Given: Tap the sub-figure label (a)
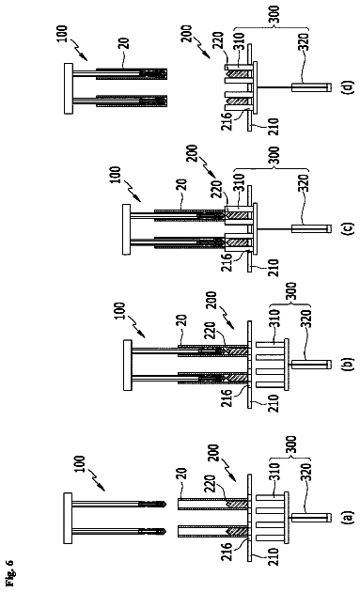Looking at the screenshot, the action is click(348, 517).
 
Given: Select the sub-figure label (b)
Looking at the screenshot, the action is click(348, 365).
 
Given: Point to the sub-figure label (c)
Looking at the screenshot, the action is click(348, 228).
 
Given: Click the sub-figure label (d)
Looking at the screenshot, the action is click(348, 87).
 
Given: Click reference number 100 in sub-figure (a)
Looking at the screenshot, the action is click(81, 465).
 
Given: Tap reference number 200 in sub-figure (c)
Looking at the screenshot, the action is click(192, 153).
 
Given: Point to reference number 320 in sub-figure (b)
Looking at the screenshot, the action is click(305, 319).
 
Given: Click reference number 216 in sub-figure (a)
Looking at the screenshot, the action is click(227, 552).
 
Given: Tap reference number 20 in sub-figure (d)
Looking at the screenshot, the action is click(125, 42).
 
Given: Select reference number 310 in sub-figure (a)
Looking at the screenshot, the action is click(275, 472).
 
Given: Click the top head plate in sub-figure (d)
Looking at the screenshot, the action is click(69, 88).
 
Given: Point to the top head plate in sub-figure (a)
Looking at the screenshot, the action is click(69, 518).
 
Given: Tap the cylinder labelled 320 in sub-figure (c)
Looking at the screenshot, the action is click(312, 228).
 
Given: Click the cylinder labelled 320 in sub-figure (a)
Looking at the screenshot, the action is click(312, 517).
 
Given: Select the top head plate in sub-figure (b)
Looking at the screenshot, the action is click(127, 366).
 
